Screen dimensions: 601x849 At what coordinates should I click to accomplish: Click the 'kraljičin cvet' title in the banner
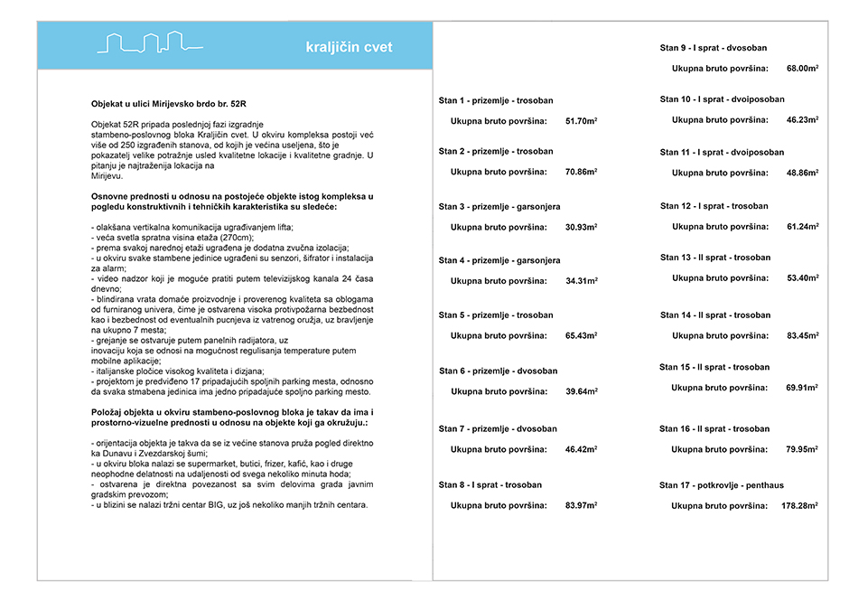coord(349,47)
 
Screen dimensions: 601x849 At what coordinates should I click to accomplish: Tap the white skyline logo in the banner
coord(150,43)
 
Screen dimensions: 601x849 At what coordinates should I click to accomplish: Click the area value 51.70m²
coord(581,120)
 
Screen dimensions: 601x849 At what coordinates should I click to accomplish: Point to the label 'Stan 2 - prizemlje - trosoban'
coord(496,151)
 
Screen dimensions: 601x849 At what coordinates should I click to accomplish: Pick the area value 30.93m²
coord(581,227)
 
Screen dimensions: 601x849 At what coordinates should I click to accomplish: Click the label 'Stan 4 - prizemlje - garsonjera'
coord(499,260)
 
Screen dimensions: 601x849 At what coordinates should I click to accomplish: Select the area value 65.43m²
coord(581,336)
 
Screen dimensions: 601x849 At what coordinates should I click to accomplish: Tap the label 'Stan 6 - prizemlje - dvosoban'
coord(498,371)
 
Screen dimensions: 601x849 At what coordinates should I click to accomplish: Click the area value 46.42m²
coord(581,448)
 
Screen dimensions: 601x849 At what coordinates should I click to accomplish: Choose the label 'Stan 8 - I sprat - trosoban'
coord(490,484)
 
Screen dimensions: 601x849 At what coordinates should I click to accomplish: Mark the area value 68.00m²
coord(802,68)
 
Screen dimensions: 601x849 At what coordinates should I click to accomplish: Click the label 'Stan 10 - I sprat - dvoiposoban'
coord(723,99)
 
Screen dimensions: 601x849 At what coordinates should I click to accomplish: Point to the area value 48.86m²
coord(802,173)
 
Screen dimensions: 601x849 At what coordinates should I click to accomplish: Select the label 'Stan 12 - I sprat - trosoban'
coord(714,206)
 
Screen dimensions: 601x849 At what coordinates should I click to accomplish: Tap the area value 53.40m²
coord(802,277)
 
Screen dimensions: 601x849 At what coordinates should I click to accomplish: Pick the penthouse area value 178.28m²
coord(799,506)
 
